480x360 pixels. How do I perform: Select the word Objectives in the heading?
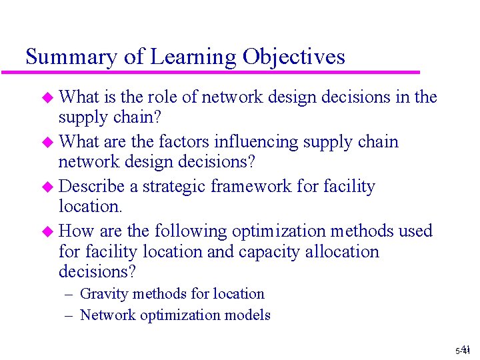tap(294, 57)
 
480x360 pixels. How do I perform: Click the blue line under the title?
tap(220, 72)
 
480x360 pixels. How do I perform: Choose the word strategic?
tap(175, 187)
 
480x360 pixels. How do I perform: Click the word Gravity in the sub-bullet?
tap(103, 294)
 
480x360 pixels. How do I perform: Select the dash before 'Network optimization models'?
tap(70, 315)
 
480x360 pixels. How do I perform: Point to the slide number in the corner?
tap(463, 349)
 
